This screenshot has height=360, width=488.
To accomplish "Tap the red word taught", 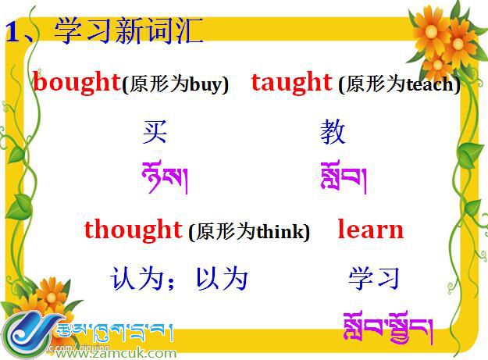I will click(291, 82).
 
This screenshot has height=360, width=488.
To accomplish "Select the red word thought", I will click(133, 230).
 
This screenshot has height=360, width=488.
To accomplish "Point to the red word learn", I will click(370, 230).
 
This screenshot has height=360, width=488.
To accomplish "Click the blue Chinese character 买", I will click(155, 133).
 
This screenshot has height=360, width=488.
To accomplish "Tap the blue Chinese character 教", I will click(333, 133).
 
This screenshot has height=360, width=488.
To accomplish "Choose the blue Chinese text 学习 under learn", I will click(374, 278).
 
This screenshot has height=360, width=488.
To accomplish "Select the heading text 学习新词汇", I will click(129, 31).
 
